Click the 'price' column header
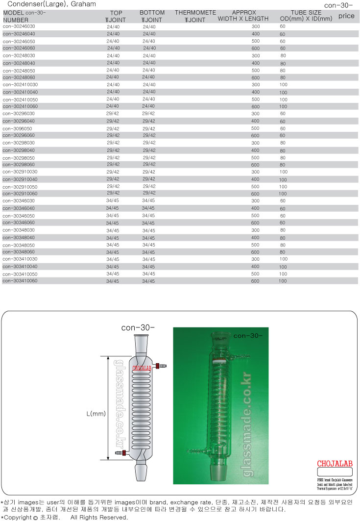[x=346, y=16]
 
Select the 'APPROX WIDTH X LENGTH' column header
[x=243, y=16]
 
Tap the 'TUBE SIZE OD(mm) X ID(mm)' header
[x=306, y=16]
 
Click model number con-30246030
[x=19, y=26]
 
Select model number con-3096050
[x=18, y=128]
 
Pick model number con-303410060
[x=20, y=281]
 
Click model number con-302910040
[x=20, y=179]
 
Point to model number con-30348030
[x=19, y=230]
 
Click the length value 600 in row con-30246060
[x=255, y=48]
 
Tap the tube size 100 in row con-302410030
[x=283, y=85]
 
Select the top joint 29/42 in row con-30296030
[x=113, y=113]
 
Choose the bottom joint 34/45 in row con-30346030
[x=148, y=200]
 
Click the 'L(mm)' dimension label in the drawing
[x=96, y=414]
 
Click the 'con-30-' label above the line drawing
[x=138, y=328]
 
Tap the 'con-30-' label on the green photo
[x=248, y=336]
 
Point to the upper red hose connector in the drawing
[x=158, y=366]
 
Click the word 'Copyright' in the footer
[x=18, y=517]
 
